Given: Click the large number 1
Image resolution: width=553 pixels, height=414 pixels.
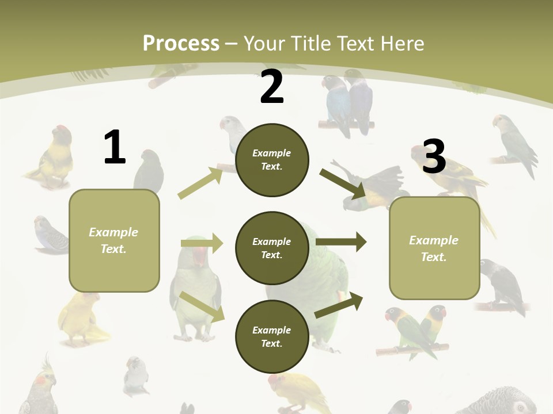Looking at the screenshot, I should (x=115, y=147).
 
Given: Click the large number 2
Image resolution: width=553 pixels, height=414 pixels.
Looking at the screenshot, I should (x=272, y=87).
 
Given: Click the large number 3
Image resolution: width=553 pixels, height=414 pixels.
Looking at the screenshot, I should (x=434, y=156).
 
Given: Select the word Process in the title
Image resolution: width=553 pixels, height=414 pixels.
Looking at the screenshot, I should (x=181, y=43).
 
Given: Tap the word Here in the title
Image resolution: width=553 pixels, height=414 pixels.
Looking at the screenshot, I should (x=400, y=43).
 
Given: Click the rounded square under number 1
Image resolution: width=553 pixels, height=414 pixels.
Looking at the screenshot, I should (x=114, y=240).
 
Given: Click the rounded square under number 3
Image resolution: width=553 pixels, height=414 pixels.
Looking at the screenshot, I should (x=434, y=248).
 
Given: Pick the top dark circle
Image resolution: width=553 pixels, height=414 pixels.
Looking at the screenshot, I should (x=272, y=160).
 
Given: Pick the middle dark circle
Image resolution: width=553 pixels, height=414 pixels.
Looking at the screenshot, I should (x=272, y=248).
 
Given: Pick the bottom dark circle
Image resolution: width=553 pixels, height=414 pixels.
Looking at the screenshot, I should (x=272, y=336).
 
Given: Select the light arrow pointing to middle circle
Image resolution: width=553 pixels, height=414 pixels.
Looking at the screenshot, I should (x=202, y=243).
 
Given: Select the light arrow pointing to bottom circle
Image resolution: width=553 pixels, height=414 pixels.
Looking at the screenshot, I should (x=202, y=306).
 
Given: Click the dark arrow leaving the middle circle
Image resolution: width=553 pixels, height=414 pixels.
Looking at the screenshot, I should (x=341, y=241).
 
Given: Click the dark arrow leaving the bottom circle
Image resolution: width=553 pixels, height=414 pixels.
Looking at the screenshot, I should (x=339, y=305).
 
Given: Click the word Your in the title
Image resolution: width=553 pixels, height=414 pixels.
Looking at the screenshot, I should (x=266, y=43).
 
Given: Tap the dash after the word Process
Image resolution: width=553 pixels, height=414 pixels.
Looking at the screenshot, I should (x=232, y=44).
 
